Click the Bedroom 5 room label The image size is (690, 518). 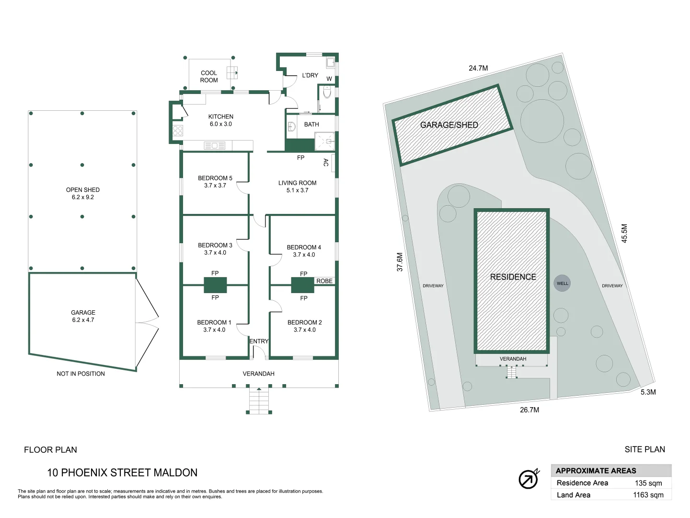point(215,182)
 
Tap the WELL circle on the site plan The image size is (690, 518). point(562,283)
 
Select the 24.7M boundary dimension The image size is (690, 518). point(478,68)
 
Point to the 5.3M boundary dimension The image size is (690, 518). point(648,392)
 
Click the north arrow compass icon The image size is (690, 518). point(529,479)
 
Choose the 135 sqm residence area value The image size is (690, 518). point(648,483)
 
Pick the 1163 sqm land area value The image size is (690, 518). point(648,495)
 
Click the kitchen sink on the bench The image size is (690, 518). point(215,145)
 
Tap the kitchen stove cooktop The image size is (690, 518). point(178,130)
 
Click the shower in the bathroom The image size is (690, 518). point(325,141)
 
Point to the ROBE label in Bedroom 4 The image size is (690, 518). point(324,281)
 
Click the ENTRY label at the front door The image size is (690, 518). point(259,341)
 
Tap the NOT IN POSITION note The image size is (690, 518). point(81,374)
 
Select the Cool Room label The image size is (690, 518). point(209,76)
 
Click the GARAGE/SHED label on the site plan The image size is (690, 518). point(449,125)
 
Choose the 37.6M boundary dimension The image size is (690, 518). point(400,262)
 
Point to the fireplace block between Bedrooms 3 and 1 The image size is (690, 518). point(215,285)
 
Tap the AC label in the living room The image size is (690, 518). point(326,163)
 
